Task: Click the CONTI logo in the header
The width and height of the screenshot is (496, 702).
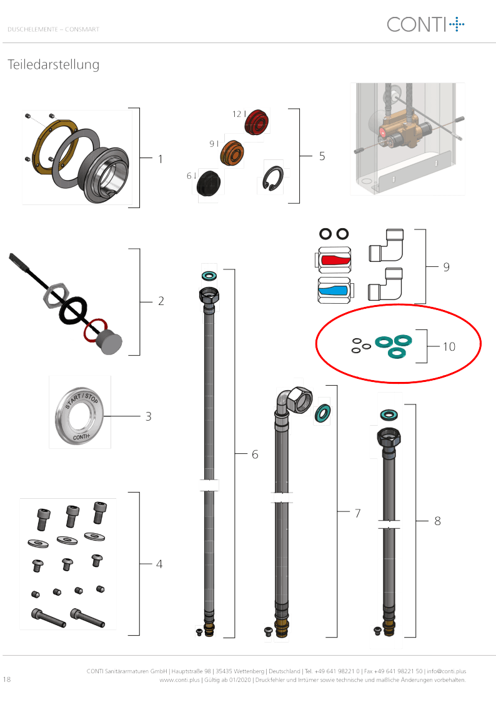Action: tap(425, 24)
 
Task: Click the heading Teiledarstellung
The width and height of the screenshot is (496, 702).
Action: tap(53, 64)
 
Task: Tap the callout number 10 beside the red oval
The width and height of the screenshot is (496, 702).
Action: tap(449, 346)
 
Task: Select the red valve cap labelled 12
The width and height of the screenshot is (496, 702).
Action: tap(257, 122)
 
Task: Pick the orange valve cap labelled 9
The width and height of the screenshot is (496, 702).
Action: tap(232, 153)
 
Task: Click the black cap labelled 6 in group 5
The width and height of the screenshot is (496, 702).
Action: tap(209, 183)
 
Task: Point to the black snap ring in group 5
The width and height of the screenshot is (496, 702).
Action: tap(273, 178)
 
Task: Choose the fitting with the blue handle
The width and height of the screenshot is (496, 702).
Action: tap(334, 290)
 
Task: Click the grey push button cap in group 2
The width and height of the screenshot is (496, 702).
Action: tap(109, 343)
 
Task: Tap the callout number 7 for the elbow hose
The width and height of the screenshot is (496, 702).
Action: tap(357, 513)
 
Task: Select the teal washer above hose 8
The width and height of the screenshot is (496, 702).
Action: tap(390, 414)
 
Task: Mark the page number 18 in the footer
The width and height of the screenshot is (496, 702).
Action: tap(7, 679)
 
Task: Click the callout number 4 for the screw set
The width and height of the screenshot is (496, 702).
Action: tap(159, 564)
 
